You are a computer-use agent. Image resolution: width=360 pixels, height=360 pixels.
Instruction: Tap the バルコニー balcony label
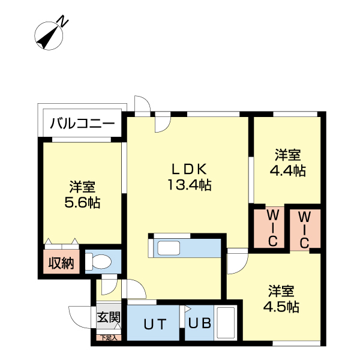(82, 125)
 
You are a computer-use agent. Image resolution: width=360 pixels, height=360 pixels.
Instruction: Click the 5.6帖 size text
(82, 202)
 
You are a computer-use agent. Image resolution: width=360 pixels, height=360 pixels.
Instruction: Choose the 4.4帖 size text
(288, 170)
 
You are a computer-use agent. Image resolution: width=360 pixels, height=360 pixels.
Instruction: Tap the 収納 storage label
(61, 263)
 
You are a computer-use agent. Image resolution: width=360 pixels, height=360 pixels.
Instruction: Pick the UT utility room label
(154, 325)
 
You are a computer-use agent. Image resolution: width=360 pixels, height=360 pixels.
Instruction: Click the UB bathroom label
(200, 324)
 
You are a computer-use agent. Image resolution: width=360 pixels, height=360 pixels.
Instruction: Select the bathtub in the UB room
(226, 324)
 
